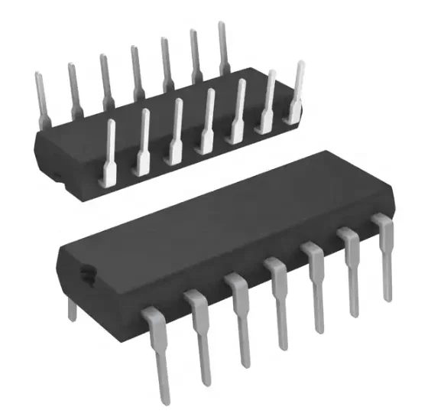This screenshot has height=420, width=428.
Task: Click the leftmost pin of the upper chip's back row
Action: tap(41, 96)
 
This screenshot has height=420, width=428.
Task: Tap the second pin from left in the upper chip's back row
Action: tap(74, 88)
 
